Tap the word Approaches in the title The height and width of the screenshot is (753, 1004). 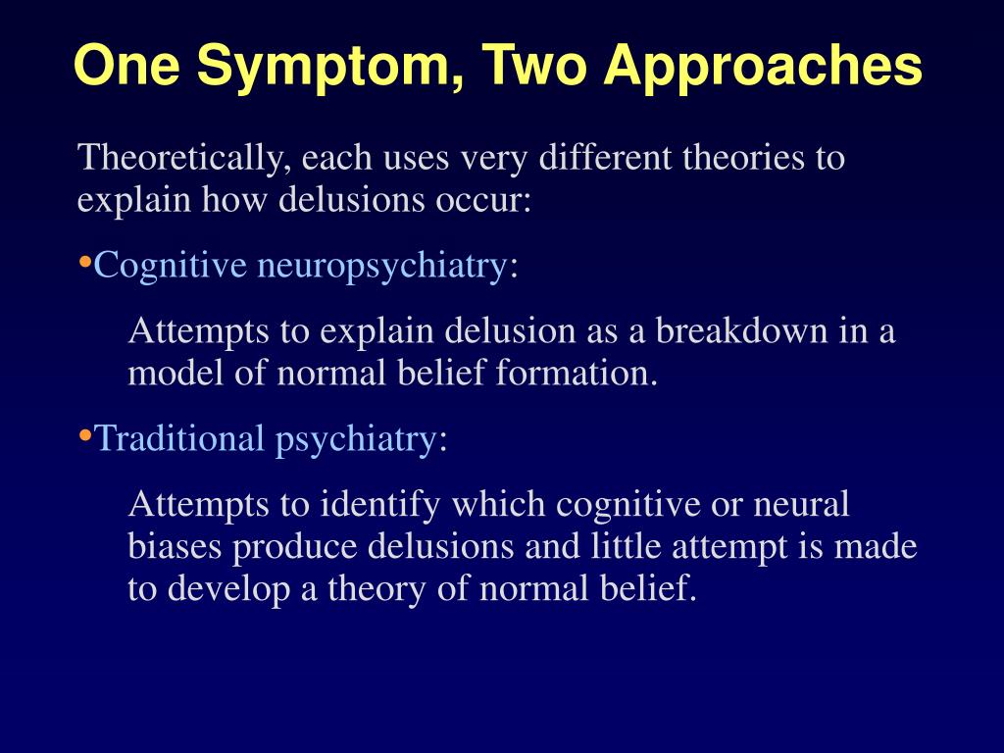(x=763, y=67)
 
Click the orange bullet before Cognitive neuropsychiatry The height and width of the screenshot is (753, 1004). (x=84, y=263)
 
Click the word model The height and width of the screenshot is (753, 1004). (x=170, y=374)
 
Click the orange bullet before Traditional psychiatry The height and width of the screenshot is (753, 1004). (x=84, y=435)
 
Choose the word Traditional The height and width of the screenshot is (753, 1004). (x=179, y=438)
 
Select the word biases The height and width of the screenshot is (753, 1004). (x=176, y=547)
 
